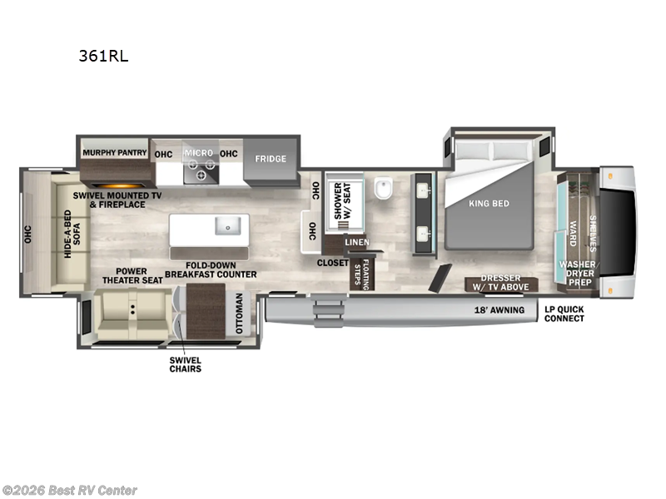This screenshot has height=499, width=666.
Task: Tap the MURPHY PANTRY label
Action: pyautogui.click(x=114, y=153)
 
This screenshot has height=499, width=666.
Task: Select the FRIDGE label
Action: pyautogui.click(x=271, y=159)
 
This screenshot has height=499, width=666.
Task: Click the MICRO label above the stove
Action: pyautogui.click(x=198, y=153)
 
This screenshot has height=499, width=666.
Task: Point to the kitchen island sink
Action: pyautogui.click(x=226, y=225)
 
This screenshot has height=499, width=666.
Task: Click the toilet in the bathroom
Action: pyautogui.click(x=384, y=190)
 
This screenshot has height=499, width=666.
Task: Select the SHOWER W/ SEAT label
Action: pyautogui.click(x=343, y=201)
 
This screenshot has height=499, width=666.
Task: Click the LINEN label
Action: pyautogui.click(x=357, y=242)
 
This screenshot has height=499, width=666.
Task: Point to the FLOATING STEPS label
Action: pyautogui.click(x=360, y=273)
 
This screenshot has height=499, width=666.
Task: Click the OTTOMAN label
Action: pyautogui.click(x=239, y=313)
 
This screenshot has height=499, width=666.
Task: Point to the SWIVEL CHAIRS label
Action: pyautogui.click(x=185, y=363)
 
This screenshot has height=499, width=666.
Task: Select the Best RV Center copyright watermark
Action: pyautogui.click(x=70, y=491)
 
